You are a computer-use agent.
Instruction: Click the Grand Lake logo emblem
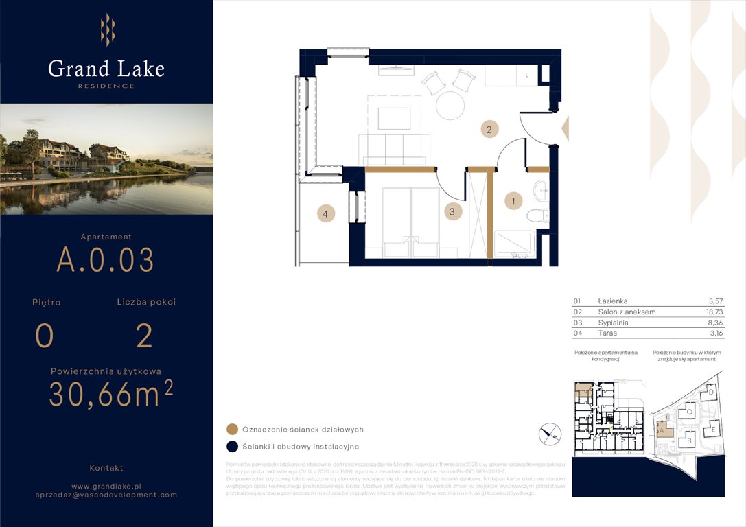(x=107, y=30)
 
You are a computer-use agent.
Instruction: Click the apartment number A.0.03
(x=105, y=260)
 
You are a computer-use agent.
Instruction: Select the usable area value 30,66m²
(x=110, y=394)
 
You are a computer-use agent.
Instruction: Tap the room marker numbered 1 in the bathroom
(x=513, y=201)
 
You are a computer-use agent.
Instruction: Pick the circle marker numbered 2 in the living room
(x=489, y=129)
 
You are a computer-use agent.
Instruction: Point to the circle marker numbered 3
(x=452, y=211)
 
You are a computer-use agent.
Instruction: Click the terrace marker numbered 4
(x=326, y=214)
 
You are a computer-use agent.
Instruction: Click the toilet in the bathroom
(x=537, y=215)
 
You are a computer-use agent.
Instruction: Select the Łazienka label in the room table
(x=612, y=301)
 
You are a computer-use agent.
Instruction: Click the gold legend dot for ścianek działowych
(x=232, y=430)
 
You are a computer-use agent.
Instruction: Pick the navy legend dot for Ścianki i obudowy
(x=232, y=447)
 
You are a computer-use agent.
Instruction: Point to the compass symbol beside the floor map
(x=550, y=433)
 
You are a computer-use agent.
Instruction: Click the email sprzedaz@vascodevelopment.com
(x=106, y=495)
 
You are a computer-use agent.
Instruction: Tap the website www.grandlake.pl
(x=106, y=485)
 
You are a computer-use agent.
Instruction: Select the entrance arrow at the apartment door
(x=566, y=128)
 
